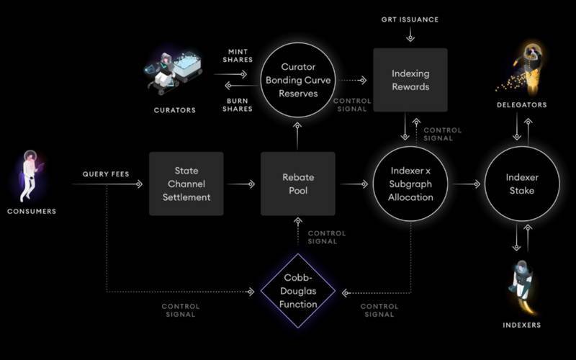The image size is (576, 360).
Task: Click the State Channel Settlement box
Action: pos(186,184)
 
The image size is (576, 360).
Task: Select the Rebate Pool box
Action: pos(298,184)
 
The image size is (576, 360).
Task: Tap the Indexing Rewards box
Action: pos(410,80)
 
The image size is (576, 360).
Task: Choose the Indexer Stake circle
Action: pos(522,184)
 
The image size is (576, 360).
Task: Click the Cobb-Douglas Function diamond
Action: pos(298,292)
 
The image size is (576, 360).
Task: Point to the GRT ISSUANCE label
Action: pos(410,19)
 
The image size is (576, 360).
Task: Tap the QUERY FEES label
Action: pos(106,174)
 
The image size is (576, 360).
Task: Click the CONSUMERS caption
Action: pos(32,211)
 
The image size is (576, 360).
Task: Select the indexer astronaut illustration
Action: pos(522,284)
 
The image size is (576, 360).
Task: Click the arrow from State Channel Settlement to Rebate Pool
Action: pos(242,184)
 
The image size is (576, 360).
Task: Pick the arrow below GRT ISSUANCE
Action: pos(410,35)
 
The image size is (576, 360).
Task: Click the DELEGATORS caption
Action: pos(522,105)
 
